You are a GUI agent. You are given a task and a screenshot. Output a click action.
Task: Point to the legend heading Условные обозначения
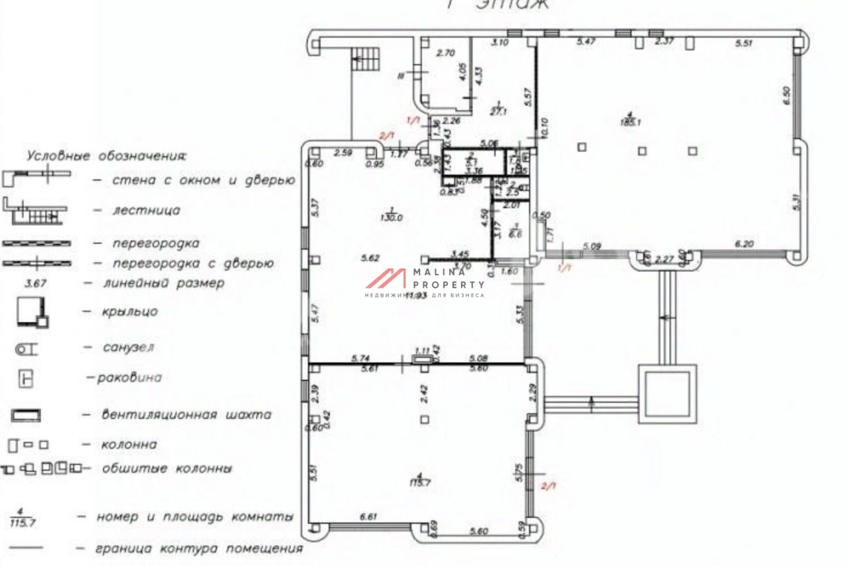coord(107,154)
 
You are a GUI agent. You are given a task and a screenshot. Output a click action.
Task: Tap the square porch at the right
coord(667,392)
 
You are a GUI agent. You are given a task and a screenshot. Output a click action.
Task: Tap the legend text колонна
coord(119,445)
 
